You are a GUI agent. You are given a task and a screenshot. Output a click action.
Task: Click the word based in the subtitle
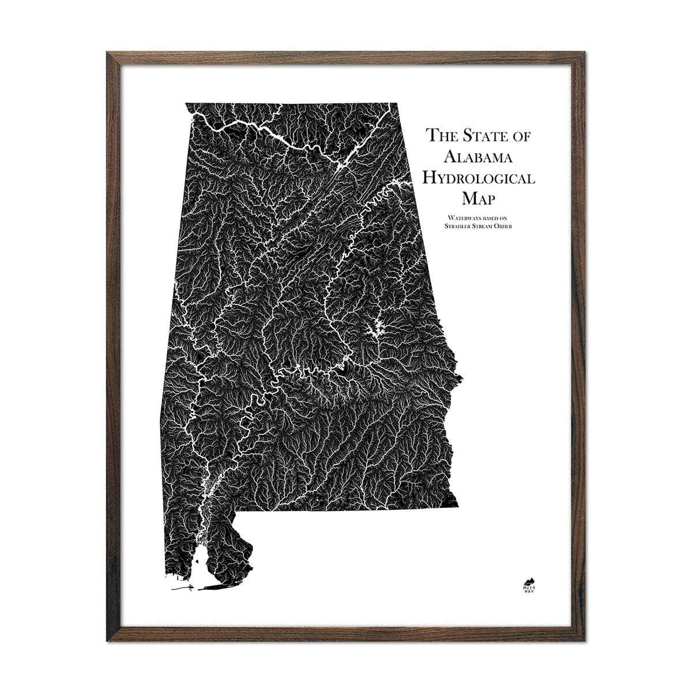489,217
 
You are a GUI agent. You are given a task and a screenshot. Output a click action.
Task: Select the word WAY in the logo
527,592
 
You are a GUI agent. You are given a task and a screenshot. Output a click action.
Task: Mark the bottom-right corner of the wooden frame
586,641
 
